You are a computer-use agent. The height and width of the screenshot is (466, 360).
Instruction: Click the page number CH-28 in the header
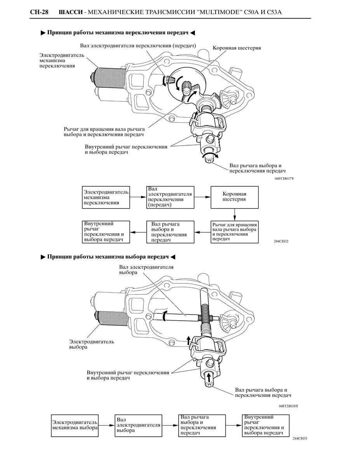39,12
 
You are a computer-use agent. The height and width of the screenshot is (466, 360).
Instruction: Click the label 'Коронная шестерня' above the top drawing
237,48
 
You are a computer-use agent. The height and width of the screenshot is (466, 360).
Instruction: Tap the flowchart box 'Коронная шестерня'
234,196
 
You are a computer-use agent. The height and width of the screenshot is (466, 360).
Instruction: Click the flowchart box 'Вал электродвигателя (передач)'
170,197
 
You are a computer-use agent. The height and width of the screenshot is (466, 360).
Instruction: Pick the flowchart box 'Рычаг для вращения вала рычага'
234,232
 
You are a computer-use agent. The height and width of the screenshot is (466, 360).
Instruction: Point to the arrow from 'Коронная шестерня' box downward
235,214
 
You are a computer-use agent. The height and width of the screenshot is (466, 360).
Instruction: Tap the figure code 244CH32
281,241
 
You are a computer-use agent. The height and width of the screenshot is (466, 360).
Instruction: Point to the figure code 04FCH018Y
289,406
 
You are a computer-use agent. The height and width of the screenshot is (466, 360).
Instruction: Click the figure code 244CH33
300,438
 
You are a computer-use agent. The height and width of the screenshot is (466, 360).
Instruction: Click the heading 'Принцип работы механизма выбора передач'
108,257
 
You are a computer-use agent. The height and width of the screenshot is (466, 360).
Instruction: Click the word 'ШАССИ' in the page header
71,12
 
